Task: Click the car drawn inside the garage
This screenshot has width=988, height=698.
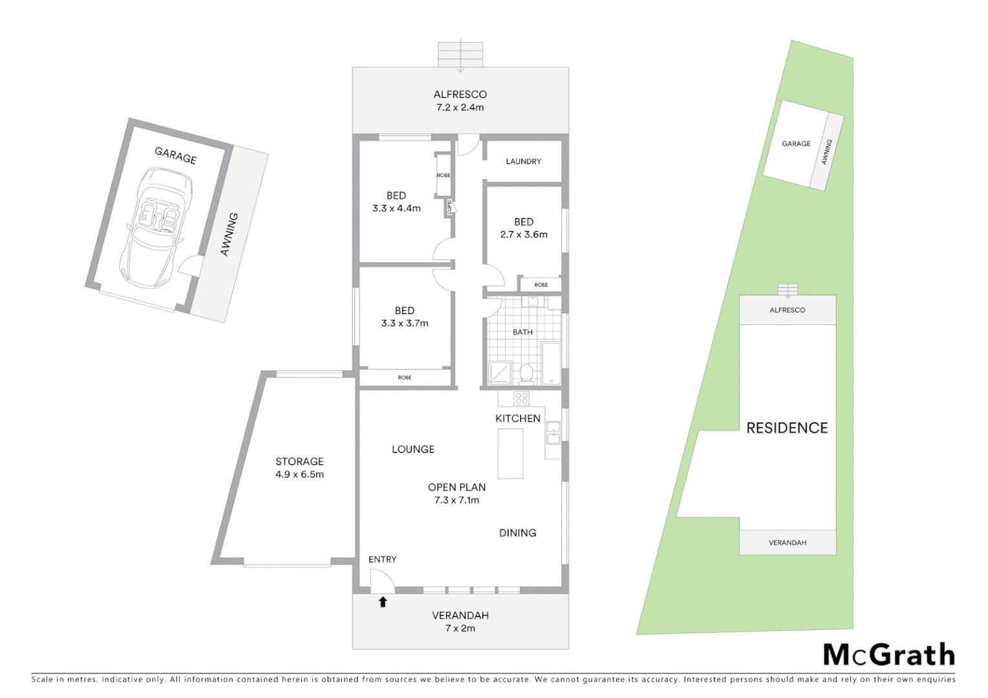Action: tap(156, 227)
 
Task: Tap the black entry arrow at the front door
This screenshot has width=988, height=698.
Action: tap(383, 602)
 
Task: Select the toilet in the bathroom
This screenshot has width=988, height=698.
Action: tap(526, 374)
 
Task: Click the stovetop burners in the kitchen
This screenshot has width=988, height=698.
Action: tap(522, 398)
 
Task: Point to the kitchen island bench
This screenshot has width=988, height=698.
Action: tap(510, 454)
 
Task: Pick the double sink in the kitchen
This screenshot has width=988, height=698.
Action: tap(553, 432)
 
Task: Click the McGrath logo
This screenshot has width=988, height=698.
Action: tap(888, 655)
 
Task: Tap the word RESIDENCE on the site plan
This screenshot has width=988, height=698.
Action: tap(787, 428)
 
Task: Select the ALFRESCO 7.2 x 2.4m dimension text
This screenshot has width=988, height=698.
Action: tap(460, 107)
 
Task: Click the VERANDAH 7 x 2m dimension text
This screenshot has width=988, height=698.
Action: tap(460, 628)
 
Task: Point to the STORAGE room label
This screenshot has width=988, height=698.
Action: tap(299, 461)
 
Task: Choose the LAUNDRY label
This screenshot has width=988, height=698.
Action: tap(523, 162)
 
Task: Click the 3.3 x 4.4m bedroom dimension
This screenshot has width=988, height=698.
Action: tap(396, 208)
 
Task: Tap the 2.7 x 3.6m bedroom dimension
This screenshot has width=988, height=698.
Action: tap(524, 235)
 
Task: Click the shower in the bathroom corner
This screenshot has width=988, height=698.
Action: tap(500, 373)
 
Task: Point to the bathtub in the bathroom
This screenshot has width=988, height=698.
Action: tap(552, 364)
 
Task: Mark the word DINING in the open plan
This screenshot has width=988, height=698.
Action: tap(517, 533)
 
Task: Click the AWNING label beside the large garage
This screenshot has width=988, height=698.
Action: tap(230, 234)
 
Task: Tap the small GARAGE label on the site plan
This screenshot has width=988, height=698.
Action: tap(796, 143)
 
